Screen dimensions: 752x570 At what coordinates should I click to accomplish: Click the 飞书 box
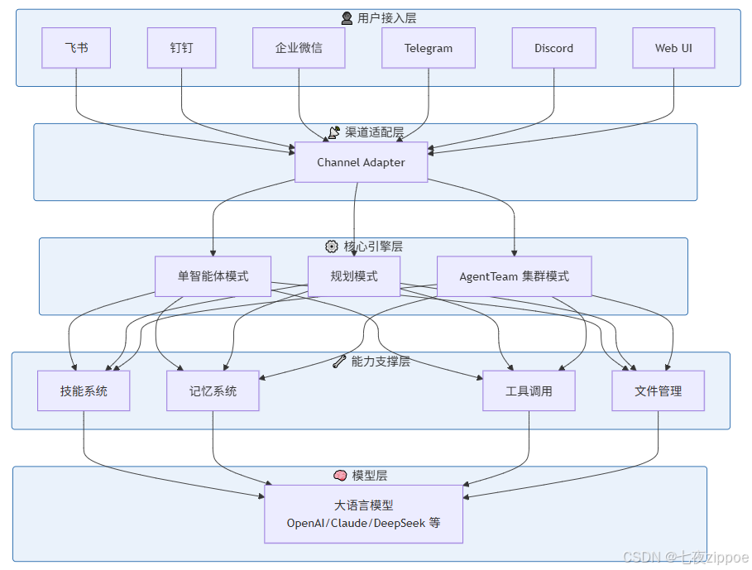click(76, 48)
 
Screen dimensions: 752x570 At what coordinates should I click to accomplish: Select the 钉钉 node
click(181, 48)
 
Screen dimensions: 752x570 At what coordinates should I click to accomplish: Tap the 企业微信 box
click(299, 48)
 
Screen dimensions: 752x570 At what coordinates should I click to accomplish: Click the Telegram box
click(429, 48)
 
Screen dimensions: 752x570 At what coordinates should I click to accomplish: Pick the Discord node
click(554, 48)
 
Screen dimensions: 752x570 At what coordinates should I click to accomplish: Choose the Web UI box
click(673, 48)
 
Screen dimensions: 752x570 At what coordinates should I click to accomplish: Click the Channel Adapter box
click(362, 162)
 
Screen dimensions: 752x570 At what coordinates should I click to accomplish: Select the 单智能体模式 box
click(213, 276)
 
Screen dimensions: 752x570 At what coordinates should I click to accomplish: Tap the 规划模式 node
click(354, 276)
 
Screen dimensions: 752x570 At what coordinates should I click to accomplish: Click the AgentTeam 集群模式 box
click(514, 276)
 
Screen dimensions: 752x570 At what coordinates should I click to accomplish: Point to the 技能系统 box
click(84, 390)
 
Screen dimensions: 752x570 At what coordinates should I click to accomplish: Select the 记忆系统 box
click(213, 390)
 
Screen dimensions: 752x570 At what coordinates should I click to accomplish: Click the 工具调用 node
click(529, 390)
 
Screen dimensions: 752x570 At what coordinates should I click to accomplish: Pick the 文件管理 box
click(658, 390)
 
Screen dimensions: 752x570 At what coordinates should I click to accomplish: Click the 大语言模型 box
click(363, 514)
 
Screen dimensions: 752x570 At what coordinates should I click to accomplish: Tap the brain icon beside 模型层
click(340, 476)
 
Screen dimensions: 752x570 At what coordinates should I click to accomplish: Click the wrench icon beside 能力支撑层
click(339, 362)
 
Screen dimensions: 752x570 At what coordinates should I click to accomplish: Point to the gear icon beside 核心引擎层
click(332, 247)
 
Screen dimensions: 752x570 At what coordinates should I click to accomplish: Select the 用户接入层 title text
click(386, 18)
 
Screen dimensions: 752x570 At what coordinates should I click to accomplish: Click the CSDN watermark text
click(685, 557)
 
